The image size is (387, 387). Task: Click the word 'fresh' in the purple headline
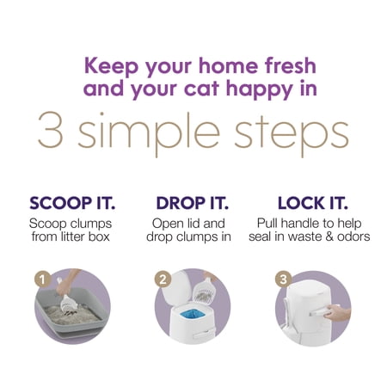[x=290, y=65]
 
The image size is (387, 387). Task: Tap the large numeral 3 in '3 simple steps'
[x=51, y=130]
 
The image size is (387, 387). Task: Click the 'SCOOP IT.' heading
[x=72, y=203]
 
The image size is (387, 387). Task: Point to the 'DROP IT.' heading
[x=193, y=203]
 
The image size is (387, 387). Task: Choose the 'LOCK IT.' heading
[x=313, y=203]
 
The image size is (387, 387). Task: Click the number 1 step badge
[x=43, y=279]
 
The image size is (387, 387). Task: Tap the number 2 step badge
[x=163, y=279]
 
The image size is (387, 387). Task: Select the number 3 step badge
[x=283, y=279]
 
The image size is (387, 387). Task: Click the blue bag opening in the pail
[x=193, y=314]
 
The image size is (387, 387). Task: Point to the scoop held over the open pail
[x=205, y=291]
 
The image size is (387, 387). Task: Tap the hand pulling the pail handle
[x=338, y=313]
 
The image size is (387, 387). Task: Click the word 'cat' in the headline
[x=201, y=89]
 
